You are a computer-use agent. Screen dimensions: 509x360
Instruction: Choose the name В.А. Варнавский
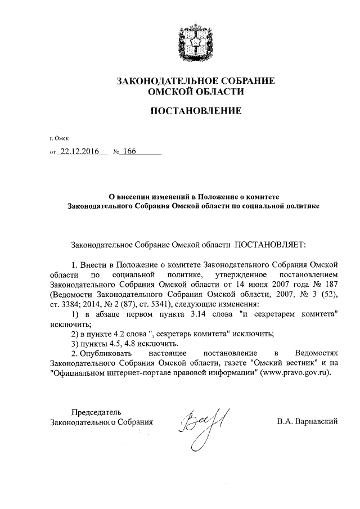click(307, 421)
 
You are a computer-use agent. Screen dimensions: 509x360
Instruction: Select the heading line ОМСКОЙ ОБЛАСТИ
click(195, 92)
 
